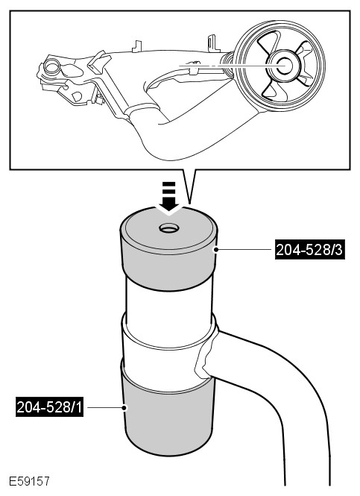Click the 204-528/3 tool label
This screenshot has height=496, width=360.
pyautogui.click(x=309, y=250)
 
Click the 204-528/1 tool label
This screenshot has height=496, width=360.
pyautogui.click(x=50, y=407)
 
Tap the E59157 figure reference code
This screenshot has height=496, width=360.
pyautogui.click(x=29, y=481)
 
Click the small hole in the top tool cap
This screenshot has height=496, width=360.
pyautogui.click(x=169, y=227)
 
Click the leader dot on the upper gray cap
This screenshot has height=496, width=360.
pyautogui.click(x=216, y=250)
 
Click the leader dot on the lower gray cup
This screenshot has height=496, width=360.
pyautogui.click(x=125, y=407)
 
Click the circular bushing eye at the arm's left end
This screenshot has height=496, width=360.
pyautogui.click(x=51, y=66)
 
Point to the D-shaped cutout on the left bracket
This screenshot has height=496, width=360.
pyautogui.click(x=77, y=96)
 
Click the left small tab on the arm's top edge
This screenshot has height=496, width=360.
pyautogui.click(x=137, y=46)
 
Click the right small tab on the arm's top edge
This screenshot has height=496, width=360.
pyautogui.click(x=213, y=43)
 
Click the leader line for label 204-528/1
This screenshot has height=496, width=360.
pyautogui.click(x=104, y=407)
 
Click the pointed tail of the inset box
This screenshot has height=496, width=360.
pyautogui.click(x=189, y=186)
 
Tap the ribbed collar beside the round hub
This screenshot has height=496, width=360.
pyautogui.click(x=227, y=64)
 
